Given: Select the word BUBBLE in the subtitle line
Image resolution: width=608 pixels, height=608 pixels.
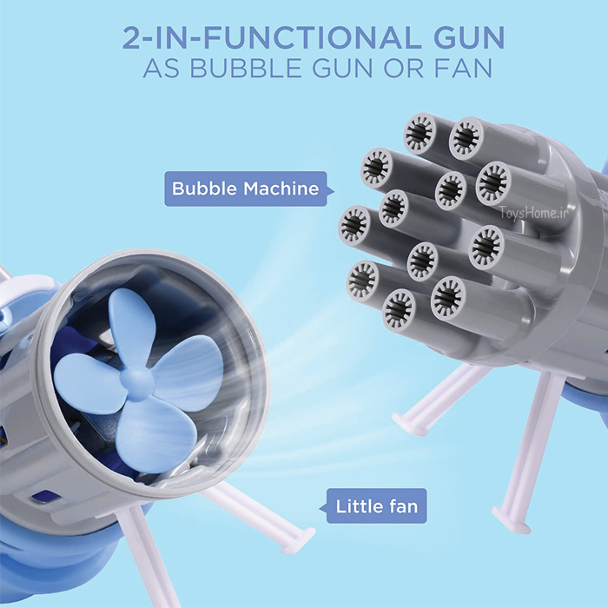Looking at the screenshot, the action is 246,68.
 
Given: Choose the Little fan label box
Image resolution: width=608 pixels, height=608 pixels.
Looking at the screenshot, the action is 373,506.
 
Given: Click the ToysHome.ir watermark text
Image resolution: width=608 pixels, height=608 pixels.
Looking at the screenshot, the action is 533,212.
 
